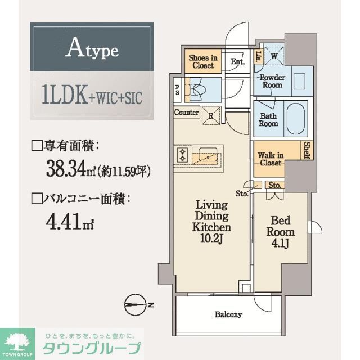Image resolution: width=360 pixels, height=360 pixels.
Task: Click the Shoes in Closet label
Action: pos(202,61)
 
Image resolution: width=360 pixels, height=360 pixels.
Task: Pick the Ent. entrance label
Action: pos(236,62)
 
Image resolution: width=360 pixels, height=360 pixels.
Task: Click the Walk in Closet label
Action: pos(271,159)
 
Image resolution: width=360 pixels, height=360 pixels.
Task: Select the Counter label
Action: pos(186,112)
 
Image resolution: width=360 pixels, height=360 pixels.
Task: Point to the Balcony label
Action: pos(227,314)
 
